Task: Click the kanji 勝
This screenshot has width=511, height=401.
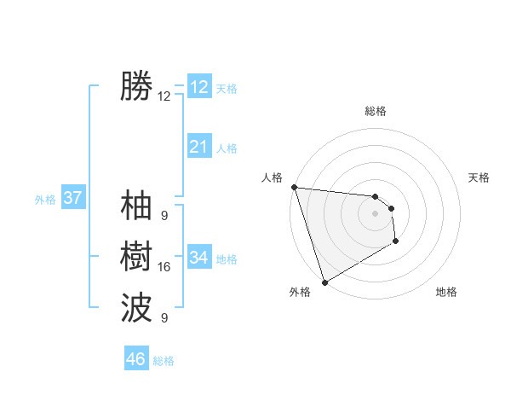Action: point(136,87)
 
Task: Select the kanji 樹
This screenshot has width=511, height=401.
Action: point(136,255)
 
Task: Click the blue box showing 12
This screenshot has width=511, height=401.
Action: point(199,87)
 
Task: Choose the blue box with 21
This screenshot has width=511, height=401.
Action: point(199,147)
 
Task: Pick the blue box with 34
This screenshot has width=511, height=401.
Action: point(199,258)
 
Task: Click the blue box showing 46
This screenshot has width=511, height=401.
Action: point(136,359)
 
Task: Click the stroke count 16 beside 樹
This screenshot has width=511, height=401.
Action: point(164,267)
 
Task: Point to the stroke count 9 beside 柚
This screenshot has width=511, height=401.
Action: point(164,216)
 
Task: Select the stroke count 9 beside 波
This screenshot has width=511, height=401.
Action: point(164,318)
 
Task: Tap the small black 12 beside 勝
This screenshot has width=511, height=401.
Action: point(164,96)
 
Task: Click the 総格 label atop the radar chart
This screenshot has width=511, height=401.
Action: point(376,111)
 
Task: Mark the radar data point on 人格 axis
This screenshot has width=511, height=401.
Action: point(294,187)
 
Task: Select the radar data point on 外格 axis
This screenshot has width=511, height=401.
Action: point(324,282)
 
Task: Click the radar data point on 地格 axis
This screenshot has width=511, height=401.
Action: point(396,242)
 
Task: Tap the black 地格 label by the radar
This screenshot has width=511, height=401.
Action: point(446,292)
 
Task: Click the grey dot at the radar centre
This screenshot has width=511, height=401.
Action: point(376,214)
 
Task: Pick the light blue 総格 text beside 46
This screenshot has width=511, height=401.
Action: point(164,361)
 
